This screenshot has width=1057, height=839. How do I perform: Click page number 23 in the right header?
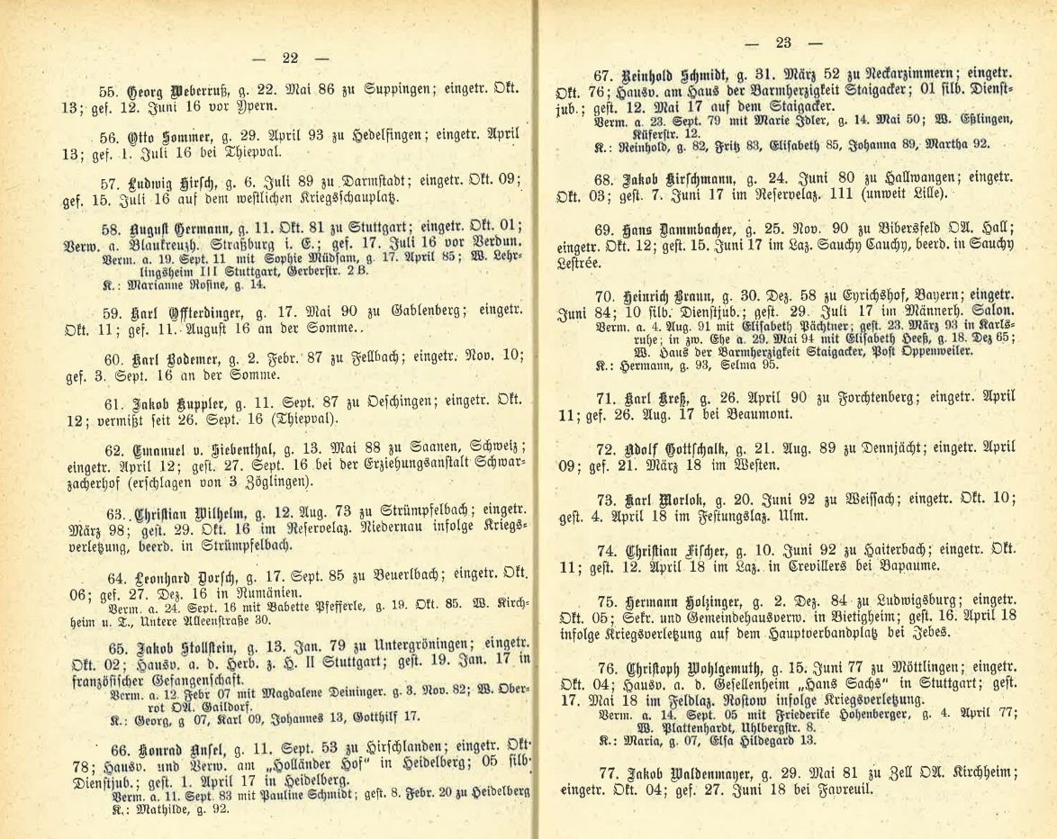point(782,42)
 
